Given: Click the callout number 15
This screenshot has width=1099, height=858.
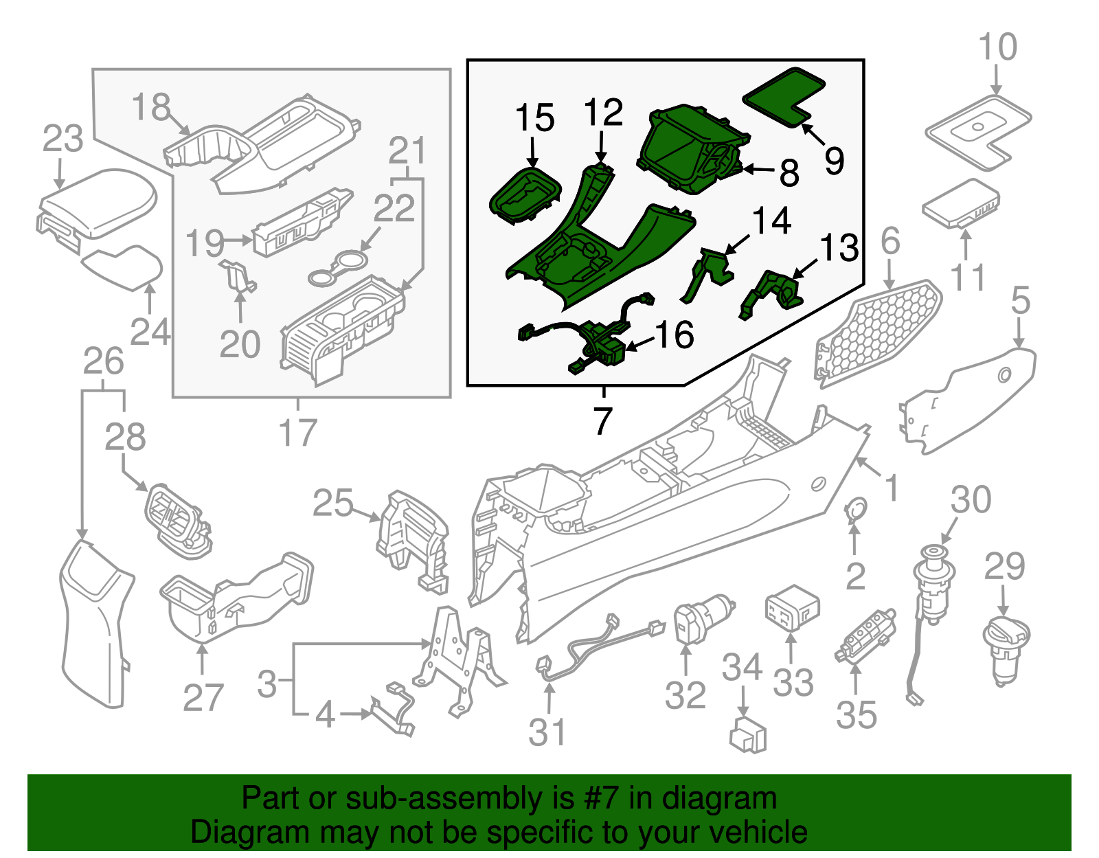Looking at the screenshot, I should click(x=534, y=118).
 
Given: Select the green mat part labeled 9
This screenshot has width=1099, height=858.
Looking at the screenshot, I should click(x=783, y=95).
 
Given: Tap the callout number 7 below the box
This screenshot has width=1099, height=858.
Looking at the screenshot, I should click(x=602, y=420).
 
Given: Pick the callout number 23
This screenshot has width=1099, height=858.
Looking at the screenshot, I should click(x=63, y=139).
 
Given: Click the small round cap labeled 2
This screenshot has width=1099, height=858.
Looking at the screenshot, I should click(x=855, y=508).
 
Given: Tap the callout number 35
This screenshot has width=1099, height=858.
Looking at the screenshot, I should click(x=857, y=714).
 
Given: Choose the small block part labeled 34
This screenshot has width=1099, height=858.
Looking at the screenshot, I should click(x=748, y=735).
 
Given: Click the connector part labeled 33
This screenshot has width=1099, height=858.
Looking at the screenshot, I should click(x=792, y=608).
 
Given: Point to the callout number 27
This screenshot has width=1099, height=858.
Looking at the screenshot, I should click(x=203, y=697).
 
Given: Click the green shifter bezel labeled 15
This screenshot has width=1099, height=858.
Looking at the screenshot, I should click(x=523, y=196).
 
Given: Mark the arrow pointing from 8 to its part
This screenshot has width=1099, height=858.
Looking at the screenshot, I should click(x=758, y=169).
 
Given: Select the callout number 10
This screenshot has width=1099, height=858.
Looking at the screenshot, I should click(x=997, y=48).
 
